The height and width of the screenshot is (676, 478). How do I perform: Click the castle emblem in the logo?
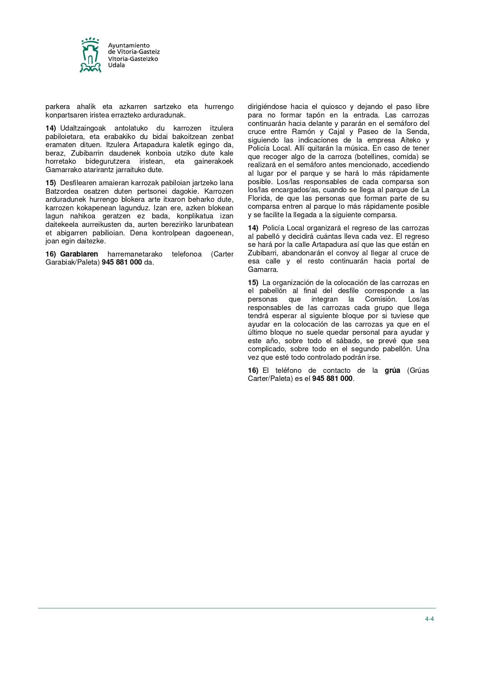point(90,55)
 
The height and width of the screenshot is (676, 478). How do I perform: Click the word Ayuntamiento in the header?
point(129,45)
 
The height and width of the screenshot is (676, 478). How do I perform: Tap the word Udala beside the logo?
point(116,65)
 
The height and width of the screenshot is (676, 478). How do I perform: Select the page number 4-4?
point(429,619)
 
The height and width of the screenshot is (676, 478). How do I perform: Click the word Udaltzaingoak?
point(83,128)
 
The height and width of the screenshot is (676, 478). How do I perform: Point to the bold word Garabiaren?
point(79,254)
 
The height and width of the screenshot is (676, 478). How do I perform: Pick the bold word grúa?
point(392,371)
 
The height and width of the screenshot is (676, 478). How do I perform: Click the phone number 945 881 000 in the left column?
point(122,263)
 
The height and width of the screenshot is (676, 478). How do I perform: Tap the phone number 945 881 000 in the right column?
point(332,379)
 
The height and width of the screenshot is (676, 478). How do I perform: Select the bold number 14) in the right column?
point(253,228)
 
